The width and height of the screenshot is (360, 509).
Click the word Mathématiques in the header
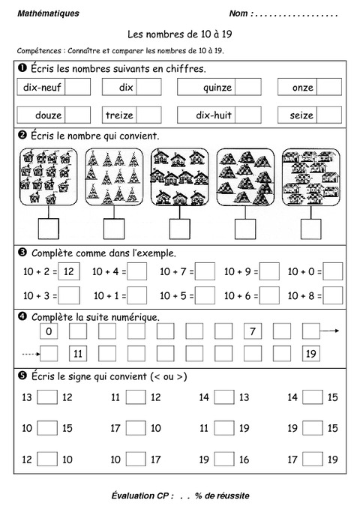coord(47,13)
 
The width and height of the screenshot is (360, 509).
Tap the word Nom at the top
coord(239,13)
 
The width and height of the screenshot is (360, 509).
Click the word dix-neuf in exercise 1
coord(43,88)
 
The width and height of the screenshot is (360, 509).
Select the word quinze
coord(217,88)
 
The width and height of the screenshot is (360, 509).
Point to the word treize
coord(119,116)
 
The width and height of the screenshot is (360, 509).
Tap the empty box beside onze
coord(329,88)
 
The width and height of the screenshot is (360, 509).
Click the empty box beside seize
coord(329,116)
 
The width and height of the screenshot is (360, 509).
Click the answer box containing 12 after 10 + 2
coord(68,271)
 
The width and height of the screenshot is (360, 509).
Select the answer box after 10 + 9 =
coord(270,271)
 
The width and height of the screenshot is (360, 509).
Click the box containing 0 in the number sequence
coord(49,331)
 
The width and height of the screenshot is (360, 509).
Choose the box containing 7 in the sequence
coord(253,331)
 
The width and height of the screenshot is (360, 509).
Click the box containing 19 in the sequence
coord(312,353)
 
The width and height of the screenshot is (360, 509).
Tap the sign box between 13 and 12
coord(47,397)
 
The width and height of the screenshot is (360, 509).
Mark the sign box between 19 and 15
coord(312,429)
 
